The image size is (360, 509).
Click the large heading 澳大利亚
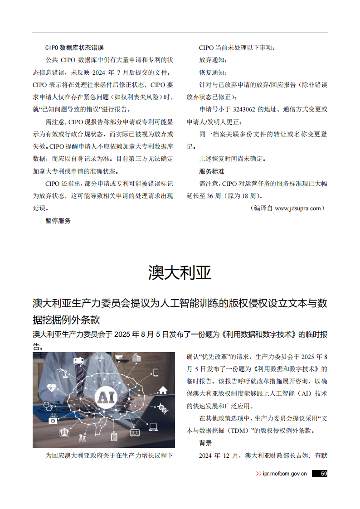click(x=180, y=272)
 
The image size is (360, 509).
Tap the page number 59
click(x=324, y=474)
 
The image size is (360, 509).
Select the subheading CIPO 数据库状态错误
click(x=74, y=48)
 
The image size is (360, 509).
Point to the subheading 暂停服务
click(x=58, y=221)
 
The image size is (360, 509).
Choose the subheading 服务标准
click(x=212, y=171)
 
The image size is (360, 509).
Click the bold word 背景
click(x=205, y=443)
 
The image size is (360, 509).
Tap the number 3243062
click(x=245, y=109)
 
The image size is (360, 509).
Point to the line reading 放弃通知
click(x=213, y=60)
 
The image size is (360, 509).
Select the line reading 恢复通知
click(x=213, y=73)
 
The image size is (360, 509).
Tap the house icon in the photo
click(x=162, y=390)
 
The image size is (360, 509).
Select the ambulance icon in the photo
click(x=79, y=361)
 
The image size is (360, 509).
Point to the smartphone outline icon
click(x=155, y=373)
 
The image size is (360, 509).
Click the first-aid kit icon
click(x=53, y=420)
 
